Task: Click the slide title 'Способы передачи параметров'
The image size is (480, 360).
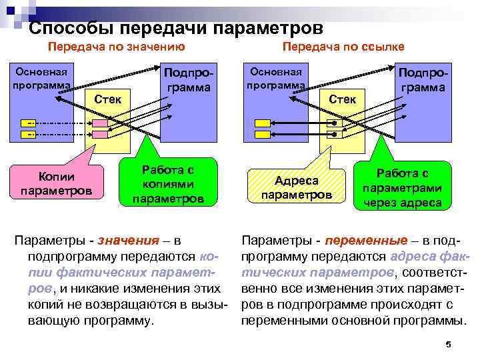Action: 176,29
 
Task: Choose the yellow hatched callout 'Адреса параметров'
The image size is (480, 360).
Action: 297,187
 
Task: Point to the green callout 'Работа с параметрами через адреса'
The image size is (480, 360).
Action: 401,187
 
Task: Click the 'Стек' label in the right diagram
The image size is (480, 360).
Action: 343,99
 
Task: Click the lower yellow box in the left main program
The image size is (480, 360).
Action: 30,135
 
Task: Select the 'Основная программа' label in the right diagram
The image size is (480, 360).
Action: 275,79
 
